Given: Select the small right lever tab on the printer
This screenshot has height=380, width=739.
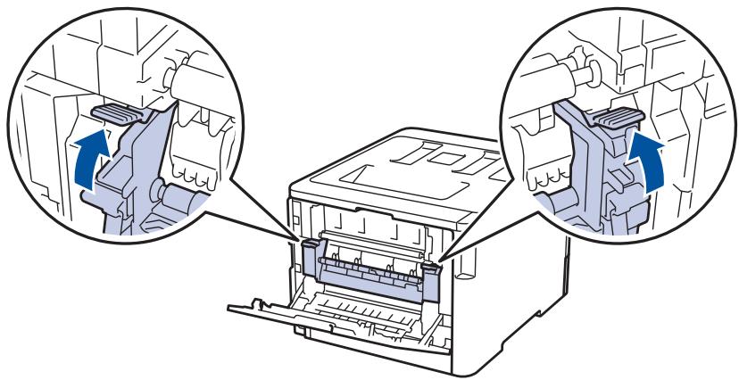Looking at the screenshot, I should (434, 265).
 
